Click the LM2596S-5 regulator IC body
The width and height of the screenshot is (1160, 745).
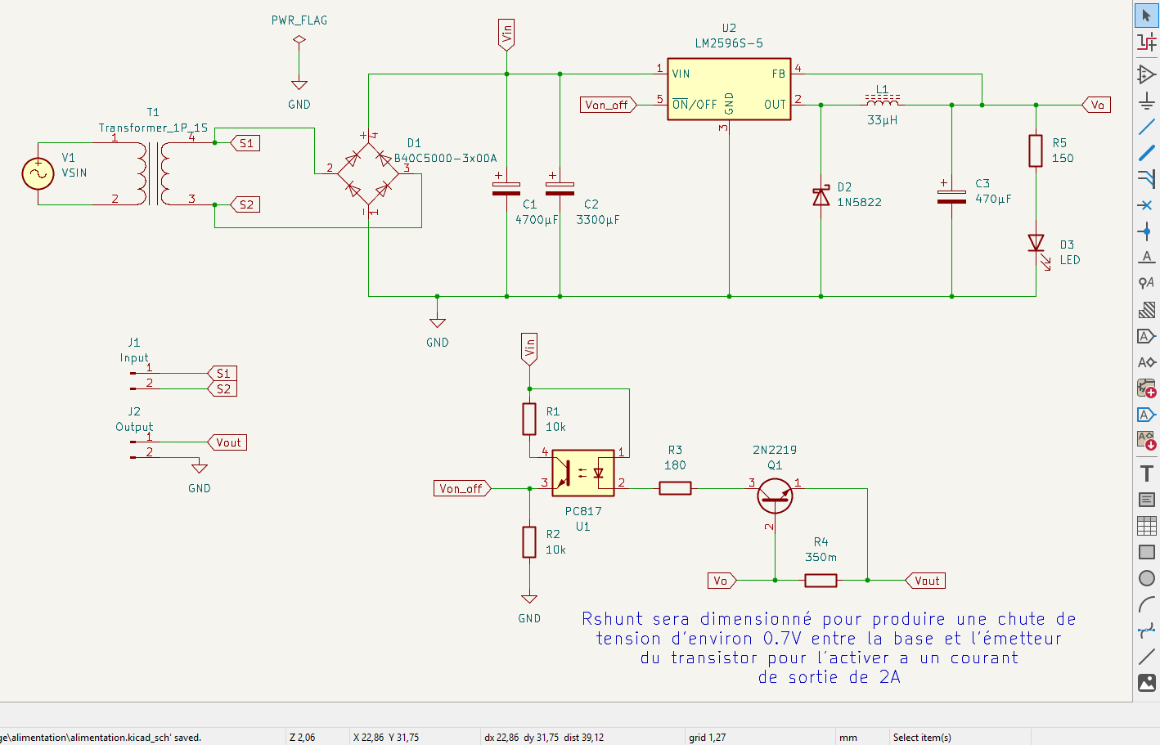pos(729,89)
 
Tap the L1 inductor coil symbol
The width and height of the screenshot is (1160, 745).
pos(883,100)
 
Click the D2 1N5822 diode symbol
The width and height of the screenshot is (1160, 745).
pos(821,197)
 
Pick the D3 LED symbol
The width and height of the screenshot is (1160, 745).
pos(1036,244)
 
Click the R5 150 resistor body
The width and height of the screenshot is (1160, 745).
pos(1036,150)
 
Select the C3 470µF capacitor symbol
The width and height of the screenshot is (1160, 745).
pos(951,196)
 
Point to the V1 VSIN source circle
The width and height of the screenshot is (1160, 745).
pos(38,173)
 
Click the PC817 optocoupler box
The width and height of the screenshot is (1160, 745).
pos(583,473)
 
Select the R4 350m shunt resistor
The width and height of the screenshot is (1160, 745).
pos(821,581)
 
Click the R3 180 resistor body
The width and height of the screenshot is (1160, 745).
pos(675,488)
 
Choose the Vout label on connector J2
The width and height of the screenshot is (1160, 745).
pos(228,442)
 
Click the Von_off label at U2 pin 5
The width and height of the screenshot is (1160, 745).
pos(607,105)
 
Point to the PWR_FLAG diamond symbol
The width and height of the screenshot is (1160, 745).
pos(299,39)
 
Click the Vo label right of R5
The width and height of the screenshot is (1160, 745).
pos(1097,105)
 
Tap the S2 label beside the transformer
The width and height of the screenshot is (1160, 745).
pos(245,204)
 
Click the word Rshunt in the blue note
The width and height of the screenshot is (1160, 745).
pos(613,619)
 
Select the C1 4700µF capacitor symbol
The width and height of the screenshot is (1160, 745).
pos(506,189)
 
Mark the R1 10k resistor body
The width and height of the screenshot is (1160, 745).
pos(529,419)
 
